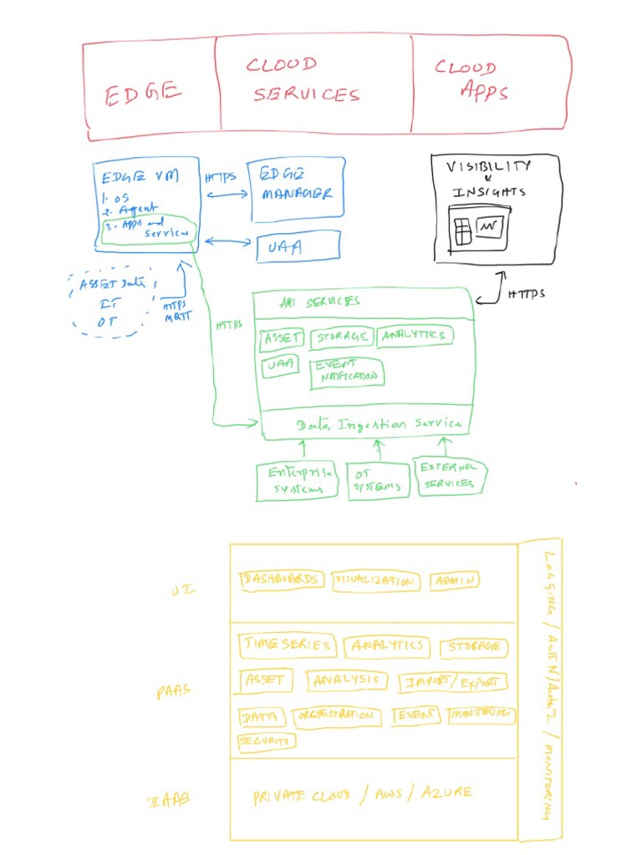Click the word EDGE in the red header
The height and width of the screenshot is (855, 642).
pyautogui.click(x=142, y=94)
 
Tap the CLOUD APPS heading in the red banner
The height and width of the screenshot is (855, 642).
pyautogui.click(x=471, y=80)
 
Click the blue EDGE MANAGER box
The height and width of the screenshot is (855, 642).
pyautogui.click(x=297, y=188)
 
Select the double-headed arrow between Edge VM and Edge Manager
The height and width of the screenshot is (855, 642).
pyautogui.click(x=227, y=195)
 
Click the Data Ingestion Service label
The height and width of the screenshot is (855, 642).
pyautogui.click(x=378, y=424)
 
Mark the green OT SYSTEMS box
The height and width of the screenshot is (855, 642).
pyautogui.click(x=379, y=481)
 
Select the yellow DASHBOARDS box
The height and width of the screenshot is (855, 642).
pyautogui.click(x=281, y=579)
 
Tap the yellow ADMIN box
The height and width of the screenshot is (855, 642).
pyautogui.click(x=455, y=581)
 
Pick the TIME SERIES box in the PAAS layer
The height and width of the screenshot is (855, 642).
pyautogui.click(x=288, y=645)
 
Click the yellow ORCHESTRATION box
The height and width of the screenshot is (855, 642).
pyautogui.click(x=336, y=716)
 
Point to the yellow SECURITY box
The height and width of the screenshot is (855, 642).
pyautogui.click(x=266, y=741)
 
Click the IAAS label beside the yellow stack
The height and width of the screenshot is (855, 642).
pyautogui.click(x=170, y=800)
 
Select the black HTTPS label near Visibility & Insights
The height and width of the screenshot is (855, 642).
pyautogui.click(x=526, y=293)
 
